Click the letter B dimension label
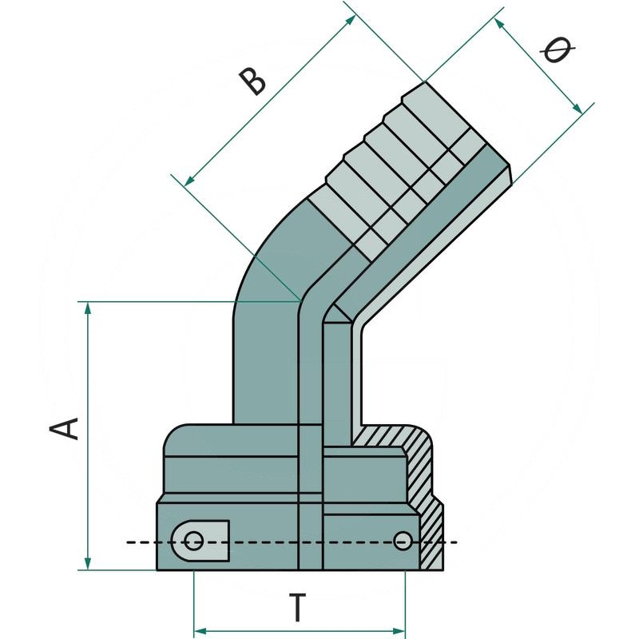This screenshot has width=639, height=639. tap(254, 81)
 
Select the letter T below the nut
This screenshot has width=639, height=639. tap(296, 609)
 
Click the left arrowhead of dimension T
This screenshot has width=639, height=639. tap(200, 631)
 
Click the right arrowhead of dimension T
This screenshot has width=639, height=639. tap(399, 631)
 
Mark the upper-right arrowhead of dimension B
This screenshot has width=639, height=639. tap(351, 19)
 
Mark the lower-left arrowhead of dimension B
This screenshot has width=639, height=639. tap(189, 182)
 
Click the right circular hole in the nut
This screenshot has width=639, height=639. tap(403, 542)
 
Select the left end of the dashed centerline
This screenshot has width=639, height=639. tap(128, 542)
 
